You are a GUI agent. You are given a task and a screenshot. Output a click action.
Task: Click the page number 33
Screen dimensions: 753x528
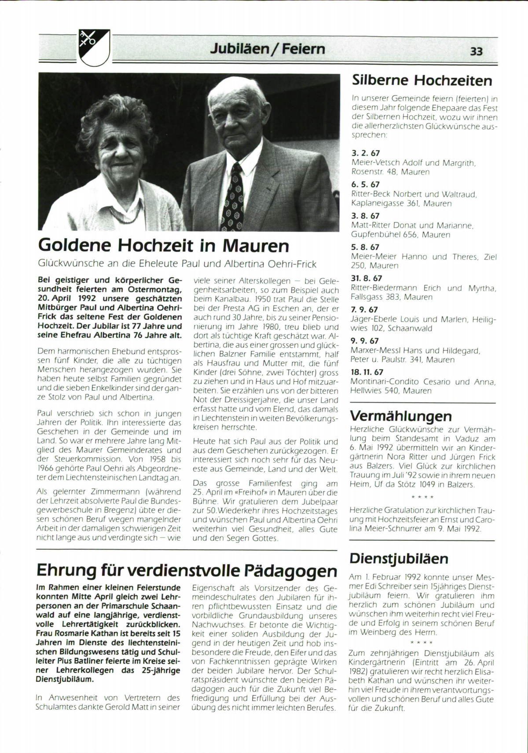[476, 51]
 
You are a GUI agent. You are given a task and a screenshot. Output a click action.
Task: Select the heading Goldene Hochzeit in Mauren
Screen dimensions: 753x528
[163, 246]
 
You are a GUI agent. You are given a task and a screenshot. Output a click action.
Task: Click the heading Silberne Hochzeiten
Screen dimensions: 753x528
[422, 80]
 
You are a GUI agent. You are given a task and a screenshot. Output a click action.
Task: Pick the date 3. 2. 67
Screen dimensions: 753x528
[365, 153]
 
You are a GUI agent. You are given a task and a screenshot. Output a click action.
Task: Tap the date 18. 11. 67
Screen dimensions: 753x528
[367, 372]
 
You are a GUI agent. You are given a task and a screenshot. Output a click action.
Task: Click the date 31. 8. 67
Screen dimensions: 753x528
[366, 278]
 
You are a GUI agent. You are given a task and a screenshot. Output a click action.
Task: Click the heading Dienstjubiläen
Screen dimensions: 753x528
[399, 558]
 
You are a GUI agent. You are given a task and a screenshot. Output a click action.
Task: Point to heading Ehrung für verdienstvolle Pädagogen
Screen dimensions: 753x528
[187, 570]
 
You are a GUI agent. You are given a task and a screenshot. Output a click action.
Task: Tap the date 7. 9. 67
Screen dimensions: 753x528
[364, 310]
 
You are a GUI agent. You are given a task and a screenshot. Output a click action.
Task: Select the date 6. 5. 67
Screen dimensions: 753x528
[365, 185]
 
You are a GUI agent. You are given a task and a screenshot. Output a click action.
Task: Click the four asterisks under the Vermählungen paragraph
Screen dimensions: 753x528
[422, 497]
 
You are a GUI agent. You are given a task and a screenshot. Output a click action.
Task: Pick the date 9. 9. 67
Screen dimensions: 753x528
[364, 341]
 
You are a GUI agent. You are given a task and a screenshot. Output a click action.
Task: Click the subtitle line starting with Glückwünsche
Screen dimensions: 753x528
[177, 264]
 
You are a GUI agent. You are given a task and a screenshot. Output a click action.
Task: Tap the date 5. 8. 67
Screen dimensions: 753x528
[365, 247]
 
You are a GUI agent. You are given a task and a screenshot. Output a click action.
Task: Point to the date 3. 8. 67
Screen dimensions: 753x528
[365, 216]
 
